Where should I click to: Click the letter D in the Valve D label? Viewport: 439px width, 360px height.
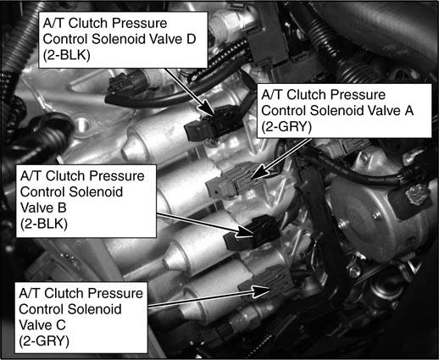tap(191, 39)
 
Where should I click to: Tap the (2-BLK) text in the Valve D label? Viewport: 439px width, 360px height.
tap(67, 55)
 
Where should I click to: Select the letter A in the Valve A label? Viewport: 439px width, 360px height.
tap(408, 110)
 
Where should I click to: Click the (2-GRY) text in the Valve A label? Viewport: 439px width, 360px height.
tap(286, 126)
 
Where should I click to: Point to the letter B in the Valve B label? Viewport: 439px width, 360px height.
tap(62, 208)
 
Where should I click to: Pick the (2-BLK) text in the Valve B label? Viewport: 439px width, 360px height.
tap(44, 224)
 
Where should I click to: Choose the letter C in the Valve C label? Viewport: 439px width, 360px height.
tap(61, 324)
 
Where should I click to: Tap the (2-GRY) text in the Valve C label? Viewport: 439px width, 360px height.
tap(44, 341)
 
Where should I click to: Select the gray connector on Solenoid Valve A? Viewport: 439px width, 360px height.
tap(236, 180)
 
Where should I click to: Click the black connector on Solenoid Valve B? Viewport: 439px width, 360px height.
tap(253, 233)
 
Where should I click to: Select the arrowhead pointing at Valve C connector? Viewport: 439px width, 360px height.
tap(262, 291)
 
